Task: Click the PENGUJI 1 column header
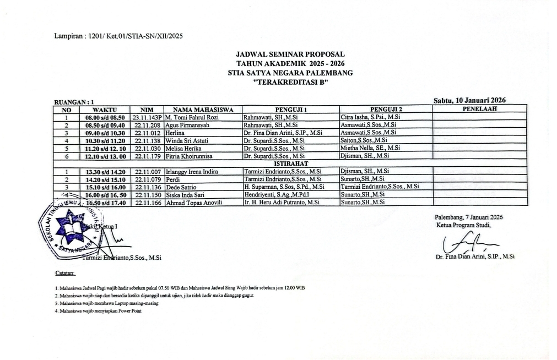290,110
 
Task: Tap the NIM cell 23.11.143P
147,117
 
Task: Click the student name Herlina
175,133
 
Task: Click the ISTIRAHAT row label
290,163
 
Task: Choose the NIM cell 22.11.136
147,187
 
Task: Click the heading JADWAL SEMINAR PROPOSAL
290,54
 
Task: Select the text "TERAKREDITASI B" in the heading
290,81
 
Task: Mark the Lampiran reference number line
118,37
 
